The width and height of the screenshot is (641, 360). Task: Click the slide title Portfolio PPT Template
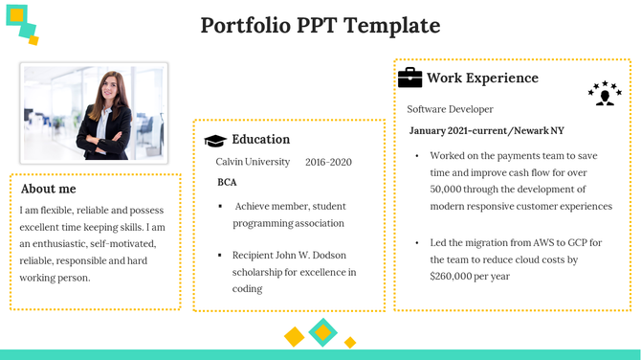[x=320, y=26]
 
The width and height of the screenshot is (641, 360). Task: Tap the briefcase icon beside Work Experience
[x=409, y=78]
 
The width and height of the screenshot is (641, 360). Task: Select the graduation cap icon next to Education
[x=215, y=141]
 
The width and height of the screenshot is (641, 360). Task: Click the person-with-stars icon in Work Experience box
[x=604, y=94]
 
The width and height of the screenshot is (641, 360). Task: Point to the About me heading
[x=48, y=189]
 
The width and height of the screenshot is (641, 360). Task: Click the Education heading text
[x=260, y=140]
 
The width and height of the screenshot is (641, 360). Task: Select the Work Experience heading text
[x=482, y=79]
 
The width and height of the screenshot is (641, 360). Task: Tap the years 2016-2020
[x=328, y=162]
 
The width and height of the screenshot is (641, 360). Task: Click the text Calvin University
[x=253, y=162]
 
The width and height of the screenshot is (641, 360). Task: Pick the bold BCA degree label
[x=227, y=182]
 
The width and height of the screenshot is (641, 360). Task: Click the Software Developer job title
[x=450, y=109]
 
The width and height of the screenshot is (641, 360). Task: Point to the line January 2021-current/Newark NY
[x=486, y=130]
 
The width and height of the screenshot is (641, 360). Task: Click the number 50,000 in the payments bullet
[x=452, y=189]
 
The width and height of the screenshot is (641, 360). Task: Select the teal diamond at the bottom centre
[x=322, y=332]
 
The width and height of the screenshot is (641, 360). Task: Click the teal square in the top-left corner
[x=18, y=17]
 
